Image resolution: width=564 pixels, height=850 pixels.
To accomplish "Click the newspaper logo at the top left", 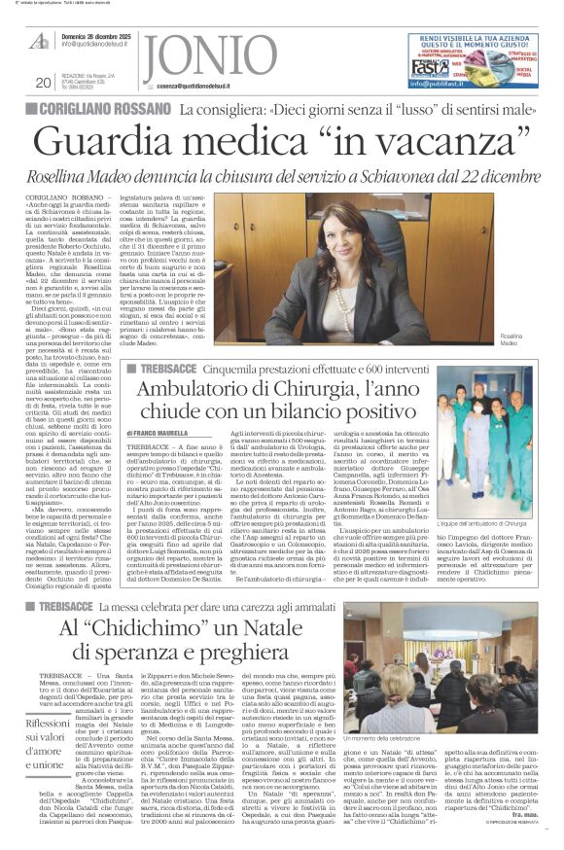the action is tap(39, 42).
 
